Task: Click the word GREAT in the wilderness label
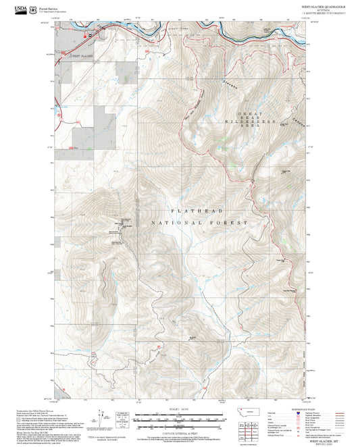point(250,111)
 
